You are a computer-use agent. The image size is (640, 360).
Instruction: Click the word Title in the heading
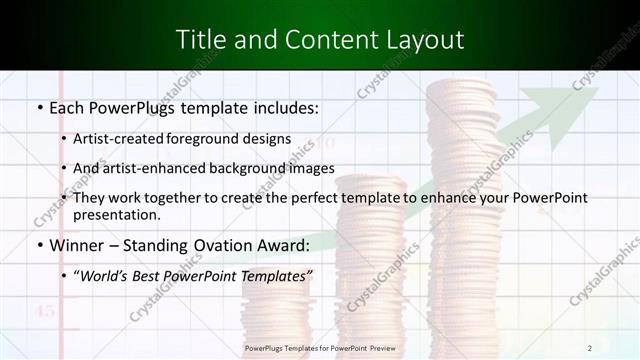pos(199,40)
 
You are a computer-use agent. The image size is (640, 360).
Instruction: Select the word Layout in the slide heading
pos(426,40)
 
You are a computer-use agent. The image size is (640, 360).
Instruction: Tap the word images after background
pos(308,168)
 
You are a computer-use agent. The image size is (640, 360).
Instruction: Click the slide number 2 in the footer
pos(590,347)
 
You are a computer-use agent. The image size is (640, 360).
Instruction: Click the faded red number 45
pos(45,312)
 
